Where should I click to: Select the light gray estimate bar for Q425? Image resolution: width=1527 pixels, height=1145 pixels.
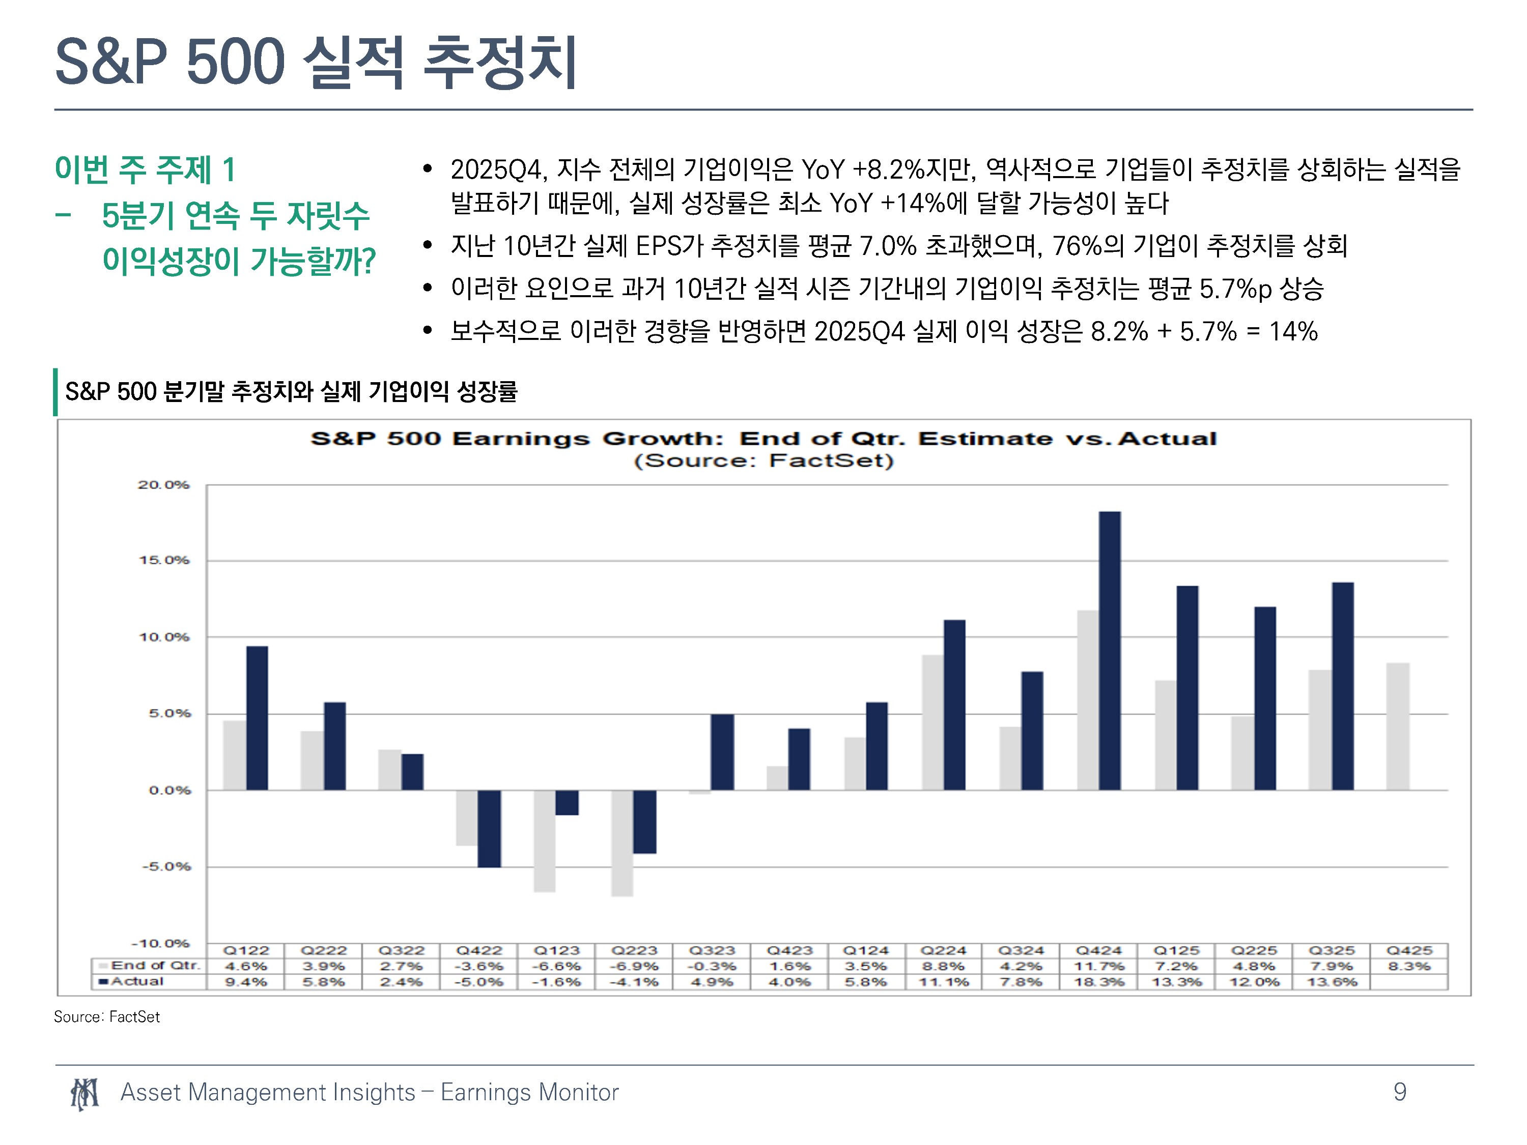[1398, 726]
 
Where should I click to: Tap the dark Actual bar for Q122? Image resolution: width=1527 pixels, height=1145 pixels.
[257, 718]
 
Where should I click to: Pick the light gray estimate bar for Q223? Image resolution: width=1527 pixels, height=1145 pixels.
[622, 843]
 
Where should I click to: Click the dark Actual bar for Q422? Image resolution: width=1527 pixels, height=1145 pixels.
[490, 828]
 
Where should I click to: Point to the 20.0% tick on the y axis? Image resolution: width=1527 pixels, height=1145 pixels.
[163, 484]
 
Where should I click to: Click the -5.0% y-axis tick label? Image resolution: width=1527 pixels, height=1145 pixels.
[165, 866]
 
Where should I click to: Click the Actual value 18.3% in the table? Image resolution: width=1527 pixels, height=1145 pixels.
[1099, 982]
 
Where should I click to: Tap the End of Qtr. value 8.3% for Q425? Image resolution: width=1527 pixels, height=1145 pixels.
[1409, 966]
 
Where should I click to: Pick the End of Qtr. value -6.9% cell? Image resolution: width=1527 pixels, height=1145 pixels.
[634, 966]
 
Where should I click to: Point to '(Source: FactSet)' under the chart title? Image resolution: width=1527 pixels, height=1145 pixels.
[763, 461]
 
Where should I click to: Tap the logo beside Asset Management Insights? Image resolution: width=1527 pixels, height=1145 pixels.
[85, 1094]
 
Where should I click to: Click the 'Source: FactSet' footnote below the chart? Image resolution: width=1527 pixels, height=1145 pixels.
[107, 1017]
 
